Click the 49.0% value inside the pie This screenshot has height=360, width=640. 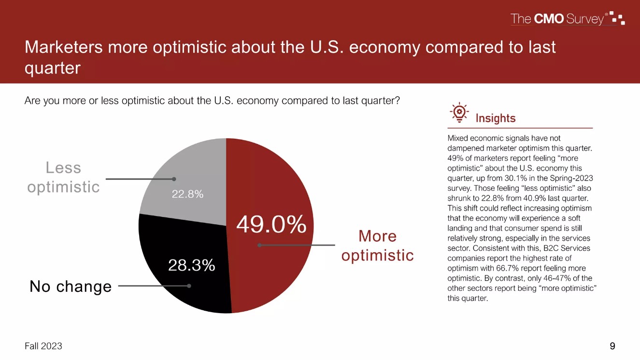click(271, 224)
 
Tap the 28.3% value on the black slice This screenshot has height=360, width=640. click(191, 265)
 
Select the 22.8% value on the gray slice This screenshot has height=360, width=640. click(188, 194)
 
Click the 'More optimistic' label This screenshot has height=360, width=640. click(377, 245)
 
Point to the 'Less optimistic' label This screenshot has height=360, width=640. click(63, 177)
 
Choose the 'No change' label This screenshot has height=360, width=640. click(71, 287)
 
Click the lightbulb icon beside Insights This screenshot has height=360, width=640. click(459, 112)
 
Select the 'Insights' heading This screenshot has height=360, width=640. click(496, 118)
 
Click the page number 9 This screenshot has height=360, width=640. click(612, 346)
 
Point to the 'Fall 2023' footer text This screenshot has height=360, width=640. click(43, 346)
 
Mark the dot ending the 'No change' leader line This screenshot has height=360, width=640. click(189, 286)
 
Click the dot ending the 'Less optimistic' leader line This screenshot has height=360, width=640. click(174, 179)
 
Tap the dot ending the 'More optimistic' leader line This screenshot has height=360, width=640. click(259, 245)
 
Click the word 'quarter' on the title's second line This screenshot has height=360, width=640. click(52, 68)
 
